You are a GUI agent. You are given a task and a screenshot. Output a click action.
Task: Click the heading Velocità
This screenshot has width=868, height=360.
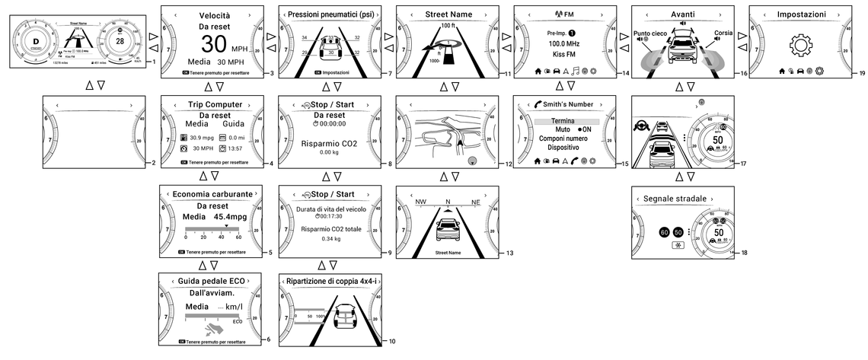(215, 14)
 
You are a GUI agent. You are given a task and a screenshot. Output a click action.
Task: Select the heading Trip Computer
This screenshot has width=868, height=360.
(214, 104)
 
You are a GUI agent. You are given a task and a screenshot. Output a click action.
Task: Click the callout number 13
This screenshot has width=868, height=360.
(509, 252)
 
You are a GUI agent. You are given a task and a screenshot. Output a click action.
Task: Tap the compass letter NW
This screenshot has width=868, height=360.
(420, 202)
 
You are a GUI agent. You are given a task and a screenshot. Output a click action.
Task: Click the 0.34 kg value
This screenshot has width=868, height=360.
(330, 239)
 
